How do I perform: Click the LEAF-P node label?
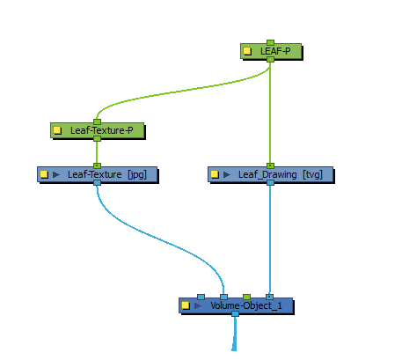(275, 51)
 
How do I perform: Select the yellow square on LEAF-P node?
(247, 51)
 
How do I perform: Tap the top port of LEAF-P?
(270, 43)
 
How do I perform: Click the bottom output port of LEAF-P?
(270, 60)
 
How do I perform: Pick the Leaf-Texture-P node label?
(102, 130)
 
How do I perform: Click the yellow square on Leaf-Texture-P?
(57, 130)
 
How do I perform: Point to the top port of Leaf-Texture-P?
(97, 121)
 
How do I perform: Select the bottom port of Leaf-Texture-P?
(97, 138)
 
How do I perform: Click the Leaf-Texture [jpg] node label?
(107, 174)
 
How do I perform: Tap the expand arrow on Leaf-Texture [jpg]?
(56, 174)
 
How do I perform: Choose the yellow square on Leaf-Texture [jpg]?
(44, 174)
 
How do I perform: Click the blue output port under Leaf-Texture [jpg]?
(97, 183)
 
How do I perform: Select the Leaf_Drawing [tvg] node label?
(281, 174)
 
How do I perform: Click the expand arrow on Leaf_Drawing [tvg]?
(227, 174)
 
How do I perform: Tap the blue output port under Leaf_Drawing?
(270, 183)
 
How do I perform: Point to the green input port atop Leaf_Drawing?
(270, 165)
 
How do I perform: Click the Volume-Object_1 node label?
(246, 305)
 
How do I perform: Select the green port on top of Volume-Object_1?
(247, 297)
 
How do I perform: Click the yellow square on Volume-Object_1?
(186, 305)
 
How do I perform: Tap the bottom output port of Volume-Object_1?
(235, 314)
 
